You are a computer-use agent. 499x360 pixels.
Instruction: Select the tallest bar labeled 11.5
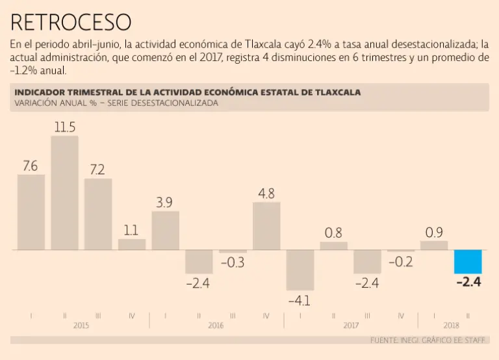(64, 193)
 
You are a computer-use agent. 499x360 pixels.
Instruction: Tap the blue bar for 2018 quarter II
(468, 261)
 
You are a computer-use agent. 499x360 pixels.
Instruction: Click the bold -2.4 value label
(468, 283)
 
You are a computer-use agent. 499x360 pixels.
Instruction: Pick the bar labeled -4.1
(300, 270)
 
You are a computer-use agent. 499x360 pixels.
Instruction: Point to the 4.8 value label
(266, 193)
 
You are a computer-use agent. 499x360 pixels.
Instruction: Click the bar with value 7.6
(31, 212)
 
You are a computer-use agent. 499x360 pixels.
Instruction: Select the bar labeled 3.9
(165, 230)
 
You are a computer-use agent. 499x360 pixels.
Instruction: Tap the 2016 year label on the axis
(216, 326)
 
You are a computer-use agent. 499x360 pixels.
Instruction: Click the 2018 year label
(452, 326)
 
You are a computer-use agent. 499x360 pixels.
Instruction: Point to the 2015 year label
(81, 326)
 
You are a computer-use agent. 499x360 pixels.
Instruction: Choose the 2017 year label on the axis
(351, 326)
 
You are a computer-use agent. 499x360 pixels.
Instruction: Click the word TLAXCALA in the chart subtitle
(334, 92)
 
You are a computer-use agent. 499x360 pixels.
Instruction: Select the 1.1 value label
(131, 229)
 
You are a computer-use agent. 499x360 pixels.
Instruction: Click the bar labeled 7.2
(98, 214)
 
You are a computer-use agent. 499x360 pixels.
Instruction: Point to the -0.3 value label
(233, 263)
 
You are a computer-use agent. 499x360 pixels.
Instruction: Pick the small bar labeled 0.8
(334, 246)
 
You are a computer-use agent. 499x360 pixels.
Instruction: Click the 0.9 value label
(434, 231)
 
